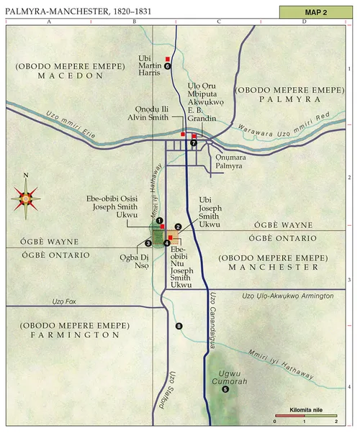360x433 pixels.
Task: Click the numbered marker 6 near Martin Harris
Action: [167, 65]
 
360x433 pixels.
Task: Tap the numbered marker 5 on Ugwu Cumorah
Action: [225, 389]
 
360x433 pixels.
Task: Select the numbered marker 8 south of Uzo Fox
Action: [179, 327]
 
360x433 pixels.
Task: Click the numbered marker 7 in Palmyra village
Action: [194, 143]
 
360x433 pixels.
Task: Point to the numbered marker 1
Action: [160, 221]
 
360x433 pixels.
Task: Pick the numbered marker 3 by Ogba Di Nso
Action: [148, 243]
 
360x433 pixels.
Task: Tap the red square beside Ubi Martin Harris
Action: [168, 58]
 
